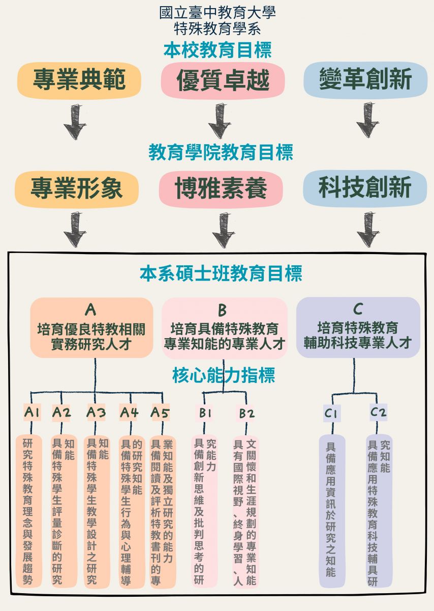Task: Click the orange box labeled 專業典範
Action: [x=79, y=80]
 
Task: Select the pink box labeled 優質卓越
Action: [x=223, y=81]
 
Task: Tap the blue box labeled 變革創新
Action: [x=365, y=80]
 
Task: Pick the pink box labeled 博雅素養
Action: [x=221, y=188]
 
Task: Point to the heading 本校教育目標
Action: [x=217, y=50]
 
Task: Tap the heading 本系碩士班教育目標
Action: [x=221, y=273]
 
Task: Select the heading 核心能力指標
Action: [x=224, y=376]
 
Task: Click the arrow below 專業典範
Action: [x=75, y=122]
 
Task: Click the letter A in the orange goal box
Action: [x=90, y=309]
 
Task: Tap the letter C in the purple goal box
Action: [x=358, y=309]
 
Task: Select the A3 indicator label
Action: [x=96, y=412]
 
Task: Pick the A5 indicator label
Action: [x=160, y=412]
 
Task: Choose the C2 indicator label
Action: [x=378, y=412]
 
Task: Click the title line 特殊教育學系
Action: [x=217, y=27]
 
